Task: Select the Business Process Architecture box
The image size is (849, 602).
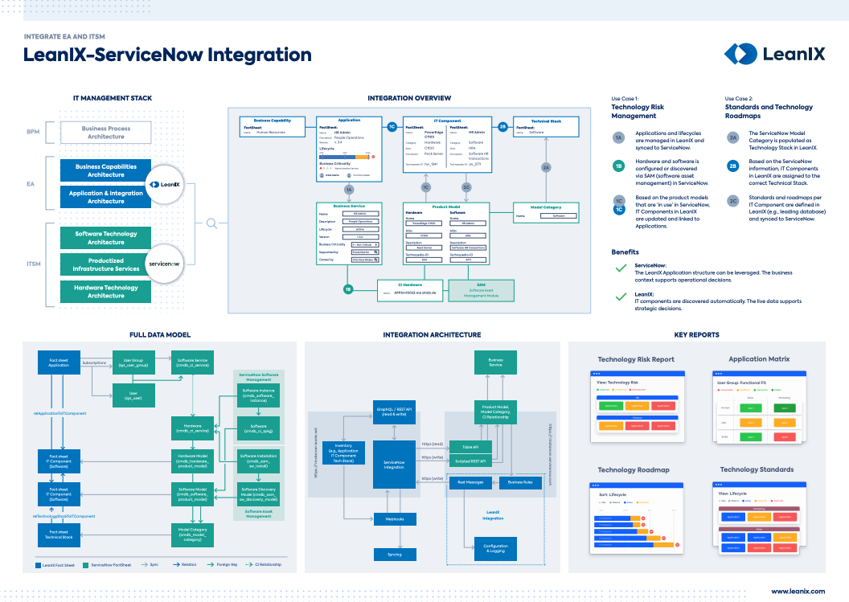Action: click(x=106, y=133)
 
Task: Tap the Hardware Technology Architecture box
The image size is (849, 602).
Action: click(x=106, y=292)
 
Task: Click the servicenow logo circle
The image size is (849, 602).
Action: click(x=167, y=264)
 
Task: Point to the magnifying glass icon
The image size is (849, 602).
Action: click(x=211, y=224)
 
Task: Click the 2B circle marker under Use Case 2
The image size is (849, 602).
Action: click(x=732, y=166)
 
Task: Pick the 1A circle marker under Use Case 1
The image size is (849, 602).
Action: click(x=618, y=138)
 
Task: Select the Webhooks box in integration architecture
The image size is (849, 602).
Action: click(x=394, y=519)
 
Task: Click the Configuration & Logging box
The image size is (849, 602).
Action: click(x=495, y=548)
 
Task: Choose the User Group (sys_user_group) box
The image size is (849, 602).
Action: click(x=133, y=362)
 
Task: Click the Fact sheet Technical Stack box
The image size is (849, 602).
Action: click(x=59, y=534)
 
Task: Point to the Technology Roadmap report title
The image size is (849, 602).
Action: click(x=634, y=470)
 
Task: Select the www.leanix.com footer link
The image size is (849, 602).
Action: click(x=798, y=591)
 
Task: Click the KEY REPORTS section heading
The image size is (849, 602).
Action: click(x=696, y=334)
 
